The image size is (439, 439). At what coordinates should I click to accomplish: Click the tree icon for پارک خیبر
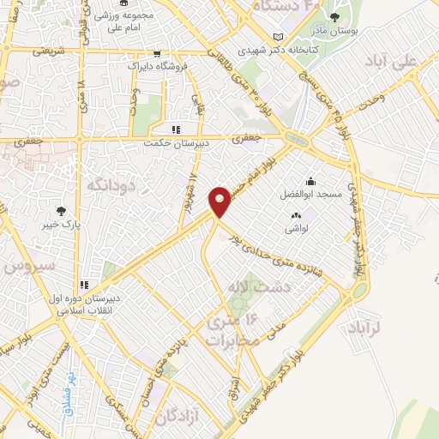click(x=61, y=211)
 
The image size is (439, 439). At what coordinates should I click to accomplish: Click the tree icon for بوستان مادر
click(x=334, y=17)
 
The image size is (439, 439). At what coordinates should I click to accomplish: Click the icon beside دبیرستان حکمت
click(x=176, y=129)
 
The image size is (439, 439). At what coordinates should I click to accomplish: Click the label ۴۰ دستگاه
click(x=288, y=6)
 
